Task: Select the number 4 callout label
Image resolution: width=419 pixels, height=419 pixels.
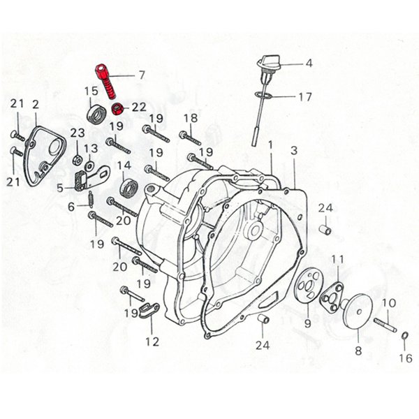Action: coord(309,64)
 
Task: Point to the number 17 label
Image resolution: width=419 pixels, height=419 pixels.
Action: coord(305,97)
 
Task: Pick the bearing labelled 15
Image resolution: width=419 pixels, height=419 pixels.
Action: coord(93,113)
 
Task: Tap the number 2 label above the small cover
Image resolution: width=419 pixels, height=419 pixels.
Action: coord(36,105)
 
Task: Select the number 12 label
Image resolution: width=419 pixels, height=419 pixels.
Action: coord(152,341)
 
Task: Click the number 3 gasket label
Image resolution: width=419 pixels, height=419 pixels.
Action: coord(294,150)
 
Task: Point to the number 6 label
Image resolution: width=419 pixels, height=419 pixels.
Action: coord(71,207)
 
